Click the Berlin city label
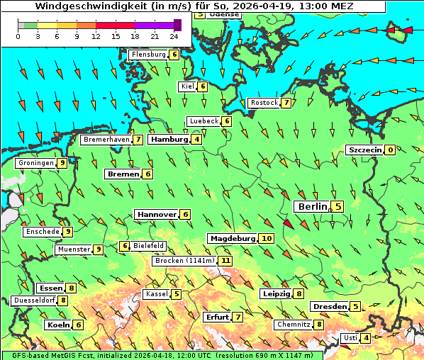click(x=312, y=206)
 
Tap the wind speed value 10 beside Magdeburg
click(x=267, y=239)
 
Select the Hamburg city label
click(x=169, y=140)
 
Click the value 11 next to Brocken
click(x=225, y=261)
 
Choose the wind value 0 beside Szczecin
click(x=390, y=150)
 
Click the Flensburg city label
click(x=148, y=54)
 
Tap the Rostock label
click(x=264, y=103)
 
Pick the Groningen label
click(x=36, y=163)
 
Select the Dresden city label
click(x=329, y=307)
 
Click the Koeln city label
click(x=58, y=325)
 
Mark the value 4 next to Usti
click(x=366, y=338)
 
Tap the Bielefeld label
click(x=149, y=246)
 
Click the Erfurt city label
click(x=217, y=317)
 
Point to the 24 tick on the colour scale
click(x=174, y=37)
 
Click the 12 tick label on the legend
click(x=96, y=37)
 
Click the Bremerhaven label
click(x=106, y=140)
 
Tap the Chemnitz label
click(x=294, y=325)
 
